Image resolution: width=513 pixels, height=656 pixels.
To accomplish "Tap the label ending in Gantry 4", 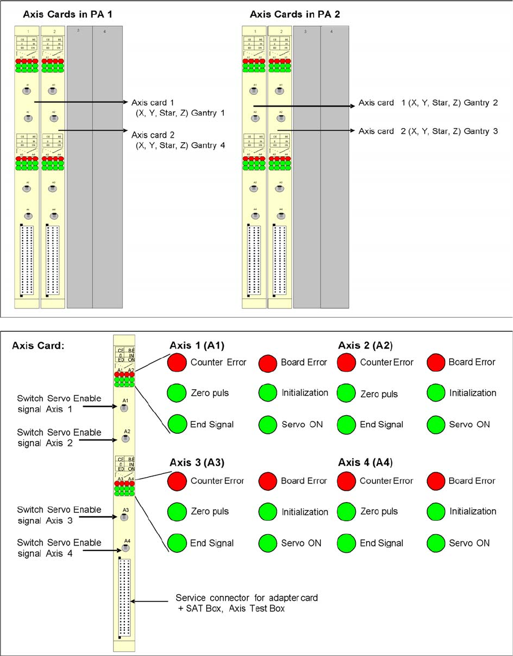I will (178, 140).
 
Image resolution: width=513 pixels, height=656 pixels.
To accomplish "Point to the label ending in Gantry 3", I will (428, 131).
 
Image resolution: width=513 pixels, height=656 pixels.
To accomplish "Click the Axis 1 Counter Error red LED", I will (177, 362).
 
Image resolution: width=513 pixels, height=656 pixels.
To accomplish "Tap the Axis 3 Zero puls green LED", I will (177, 512).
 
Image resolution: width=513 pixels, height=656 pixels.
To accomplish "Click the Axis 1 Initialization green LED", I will (268, 393).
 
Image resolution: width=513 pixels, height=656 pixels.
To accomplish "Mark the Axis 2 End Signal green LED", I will (346, 424).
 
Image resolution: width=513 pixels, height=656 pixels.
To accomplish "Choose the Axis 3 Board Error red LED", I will (268, 481).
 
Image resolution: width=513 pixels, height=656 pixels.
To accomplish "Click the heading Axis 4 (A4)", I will (365, 463).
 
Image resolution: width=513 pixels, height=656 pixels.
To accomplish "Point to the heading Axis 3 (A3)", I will (197, 463).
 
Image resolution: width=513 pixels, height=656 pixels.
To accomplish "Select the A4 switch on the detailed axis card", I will (127, 548).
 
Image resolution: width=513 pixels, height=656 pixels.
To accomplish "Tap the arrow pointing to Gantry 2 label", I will (305, 105).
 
